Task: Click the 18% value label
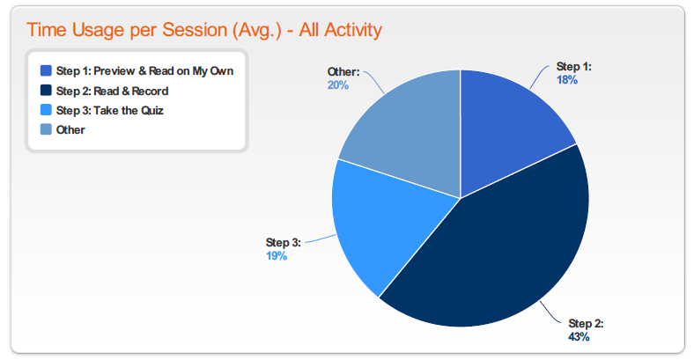click(x=567, y=80)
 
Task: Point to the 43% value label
click(x=579, y=337)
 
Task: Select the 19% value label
click(x=277, y=256)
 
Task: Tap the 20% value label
click(x=337, y=85)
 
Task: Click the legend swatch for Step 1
click(x=46, y=70)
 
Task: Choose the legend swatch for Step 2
click(x=46, y=91)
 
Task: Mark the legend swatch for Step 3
click(x=46, y=110)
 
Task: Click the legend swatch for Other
click(x=46, y=129)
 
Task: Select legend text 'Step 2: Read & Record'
click(x=112, y=92)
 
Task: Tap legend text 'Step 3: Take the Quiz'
click(x=110, y=111)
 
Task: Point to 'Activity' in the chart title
click(x=353, y=31)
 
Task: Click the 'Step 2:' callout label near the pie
click(x=586, y=324)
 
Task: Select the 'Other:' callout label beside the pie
click(x=343, y=71)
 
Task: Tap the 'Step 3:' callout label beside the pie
click(x=284, y=242)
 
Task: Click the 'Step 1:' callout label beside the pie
click(x=574, y=67)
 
